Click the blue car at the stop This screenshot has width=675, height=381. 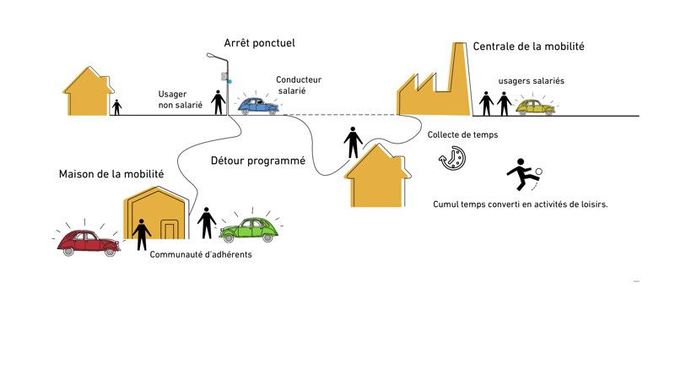point(258,105)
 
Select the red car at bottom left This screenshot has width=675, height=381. point(87,241)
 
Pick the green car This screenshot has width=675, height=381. point(249,228)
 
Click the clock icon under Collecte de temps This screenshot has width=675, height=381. point(452,158)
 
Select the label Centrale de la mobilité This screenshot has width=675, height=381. point(528,46)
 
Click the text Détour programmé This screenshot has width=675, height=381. point(257,160)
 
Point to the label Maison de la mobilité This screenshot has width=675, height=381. point(111,174)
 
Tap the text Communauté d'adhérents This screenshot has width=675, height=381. point(200,254)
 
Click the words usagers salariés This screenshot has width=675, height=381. point(532,81)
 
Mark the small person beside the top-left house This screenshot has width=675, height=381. point(117,107)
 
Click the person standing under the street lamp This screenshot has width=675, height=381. point(219,101)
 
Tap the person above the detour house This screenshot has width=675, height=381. point(353,141)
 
